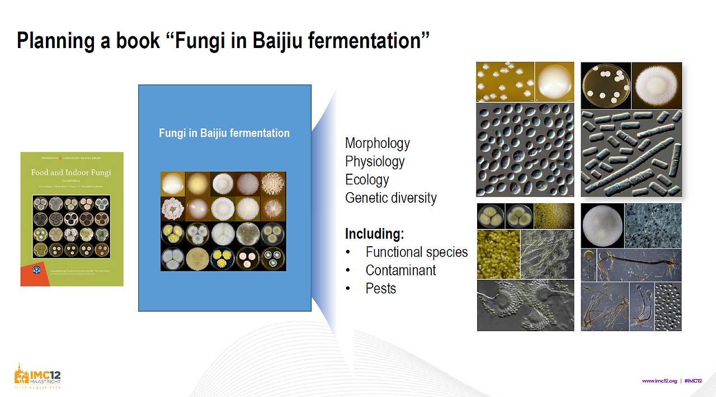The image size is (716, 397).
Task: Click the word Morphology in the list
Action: click(x=377, y=144)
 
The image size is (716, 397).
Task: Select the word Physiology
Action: click(x=374, y=161)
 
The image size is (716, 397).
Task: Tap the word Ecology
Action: click(x=366, y=180)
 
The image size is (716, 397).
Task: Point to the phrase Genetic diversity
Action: click(x=390, y=198)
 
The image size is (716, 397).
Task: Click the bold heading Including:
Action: click(x=374, y=233)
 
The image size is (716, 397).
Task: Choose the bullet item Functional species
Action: click(x=416, y=252)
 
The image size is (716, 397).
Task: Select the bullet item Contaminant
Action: click(x=401, y=270)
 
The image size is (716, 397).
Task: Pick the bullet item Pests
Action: click(x=380, y=289)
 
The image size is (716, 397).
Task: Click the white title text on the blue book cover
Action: click(x=224, y=133)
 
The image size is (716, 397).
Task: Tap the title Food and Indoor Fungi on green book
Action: click(x=71, y=173)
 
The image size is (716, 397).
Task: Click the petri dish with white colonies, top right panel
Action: click(x=606, y=85)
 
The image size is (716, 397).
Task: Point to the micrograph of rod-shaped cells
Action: click(x=631, y=152)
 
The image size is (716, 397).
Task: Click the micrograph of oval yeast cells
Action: click(x=525, y=149)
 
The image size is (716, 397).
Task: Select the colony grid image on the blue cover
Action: click(x=223, y=221)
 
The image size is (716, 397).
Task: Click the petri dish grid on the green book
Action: click(x=71, y=226)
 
